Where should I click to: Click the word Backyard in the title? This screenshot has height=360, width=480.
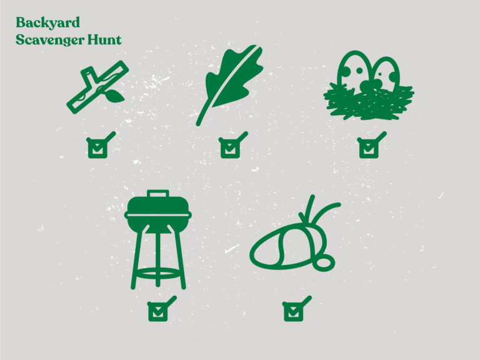pyautogui.click(x=47, y=23)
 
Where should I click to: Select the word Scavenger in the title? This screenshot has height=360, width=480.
pyautogui.click(x=50, y=40)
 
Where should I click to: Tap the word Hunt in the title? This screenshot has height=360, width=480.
pyautogui.click(x=104, y=40)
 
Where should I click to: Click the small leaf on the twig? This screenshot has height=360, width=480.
pyautogui.click(x=116, y=96)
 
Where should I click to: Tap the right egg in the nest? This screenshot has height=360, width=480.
pyautogui.click(x=386, y=74)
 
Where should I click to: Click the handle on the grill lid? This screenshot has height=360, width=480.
pyautogui.click(x=157, y=194)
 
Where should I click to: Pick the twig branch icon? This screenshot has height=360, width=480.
pyautogui.click(x=97, y=87)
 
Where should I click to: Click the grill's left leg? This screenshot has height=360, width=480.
pyautogui.click(x=139, y=257)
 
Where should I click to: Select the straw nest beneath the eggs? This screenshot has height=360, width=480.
pyautogui.click(x=369, y=102)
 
